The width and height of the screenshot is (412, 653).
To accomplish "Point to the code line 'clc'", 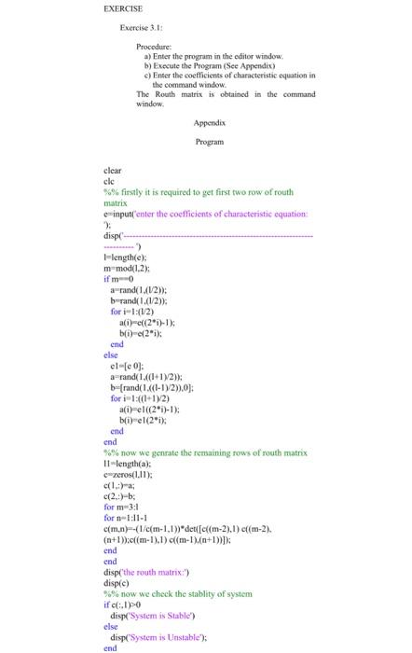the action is (x=110, y=181).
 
